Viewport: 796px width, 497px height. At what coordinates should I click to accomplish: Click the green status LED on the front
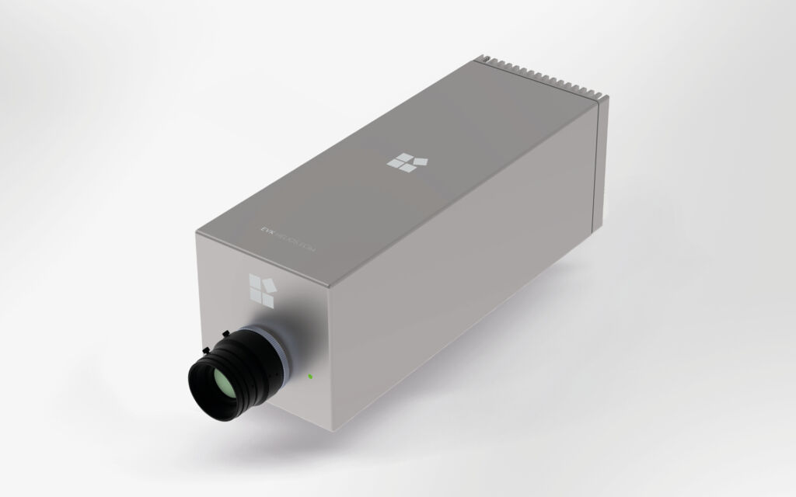310,377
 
